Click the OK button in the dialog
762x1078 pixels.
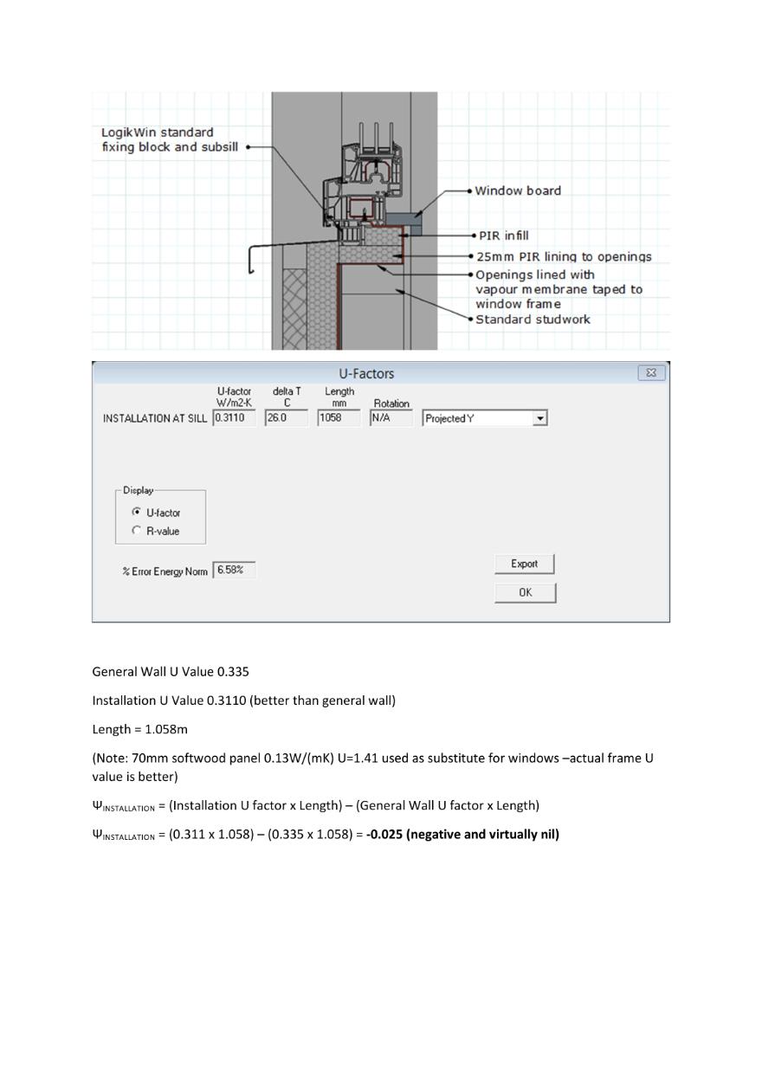tap(525, 592)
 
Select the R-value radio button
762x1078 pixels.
tap(136, 531)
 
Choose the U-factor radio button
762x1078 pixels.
tap(136, 512)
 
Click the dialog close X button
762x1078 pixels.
tap(650, 373)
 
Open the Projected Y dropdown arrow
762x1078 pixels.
tap(540, 418)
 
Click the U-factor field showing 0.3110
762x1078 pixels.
tap(234, 418)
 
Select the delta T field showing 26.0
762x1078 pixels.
tap(286, 418)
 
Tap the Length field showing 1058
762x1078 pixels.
tap(339, 418)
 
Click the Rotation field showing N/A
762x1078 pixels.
tap(391, 418)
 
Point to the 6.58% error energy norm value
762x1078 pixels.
tap(234, 570)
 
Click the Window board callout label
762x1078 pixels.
tap(518, 190)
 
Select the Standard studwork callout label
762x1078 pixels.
tap(533, 320)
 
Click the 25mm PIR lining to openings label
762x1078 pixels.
tap(564, 257)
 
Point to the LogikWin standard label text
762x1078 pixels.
tap(158, 132)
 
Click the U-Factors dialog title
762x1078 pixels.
tap(366, 374)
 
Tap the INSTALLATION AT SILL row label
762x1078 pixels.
tap(155, 418)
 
